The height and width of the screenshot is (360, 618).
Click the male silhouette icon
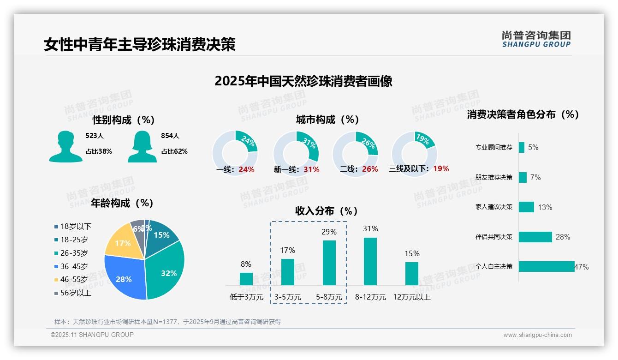(x=65, y=147)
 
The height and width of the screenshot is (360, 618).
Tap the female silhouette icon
(x=142, y=147)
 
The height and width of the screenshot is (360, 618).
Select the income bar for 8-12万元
(x=370, y=261)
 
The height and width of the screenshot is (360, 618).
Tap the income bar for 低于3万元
(x=246, y=279)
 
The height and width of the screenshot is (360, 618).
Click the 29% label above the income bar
(x=329, y=232)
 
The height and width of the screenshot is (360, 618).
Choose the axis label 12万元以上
(x=412, y=297)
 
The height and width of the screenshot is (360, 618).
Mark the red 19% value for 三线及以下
(x=441, y=168)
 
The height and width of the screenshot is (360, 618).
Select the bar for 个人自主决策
(x=547, y=266)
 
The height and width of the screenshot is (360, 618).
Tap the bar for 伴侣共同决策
(x=535, y=237)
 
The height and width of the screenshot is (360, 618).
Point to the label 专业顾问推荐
(x=493, y=148)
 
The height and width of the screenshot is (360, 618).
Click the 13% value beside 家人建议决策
(x=545, y=207)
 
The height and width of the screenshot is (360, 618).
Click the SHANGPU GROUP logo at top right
(x=536, y=39)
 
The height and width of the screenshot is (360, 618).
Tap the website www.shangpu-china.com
(x=537, y=335)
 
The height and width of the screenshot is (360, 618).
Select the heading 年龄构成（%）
(x=122, y=203)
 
